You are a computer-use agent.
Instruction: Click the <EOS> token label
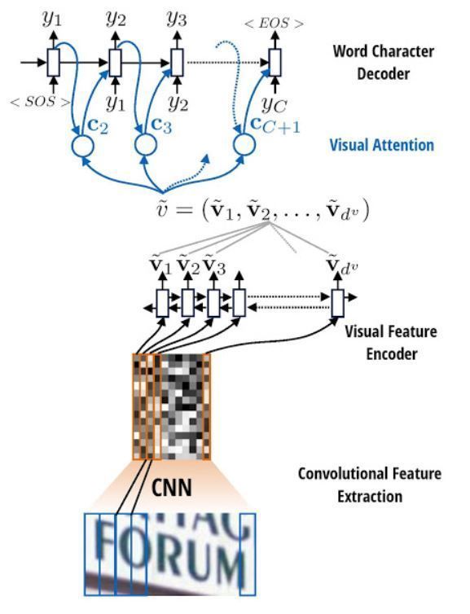(274, 24)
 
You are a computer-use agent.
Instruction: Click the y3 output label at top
(177, 19)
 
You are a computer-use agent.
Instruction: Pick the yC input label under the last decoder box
(275, 103)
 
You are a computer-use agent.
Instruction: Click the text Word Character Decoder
(383, 62)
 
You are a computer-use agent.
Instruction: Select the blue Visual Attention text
(381, 145)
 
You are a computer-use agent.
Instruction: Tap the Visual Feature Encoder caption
(390, 342)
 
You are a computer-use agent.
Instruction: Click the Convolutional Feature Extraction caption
(380, 485)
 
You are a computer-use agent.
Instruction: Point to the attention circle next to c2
(83, 146)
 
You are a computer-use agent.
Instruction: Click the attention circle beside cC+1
(244, 146)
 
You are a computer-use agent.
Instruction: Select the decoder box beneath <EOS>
(275, 61)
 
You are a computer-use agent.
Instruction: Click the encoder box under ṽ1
(162, 304)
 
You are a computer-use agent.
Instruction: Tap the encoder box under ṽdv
(337, 304)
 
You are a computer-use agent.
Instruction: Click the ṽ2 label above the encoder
(187, 265)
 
